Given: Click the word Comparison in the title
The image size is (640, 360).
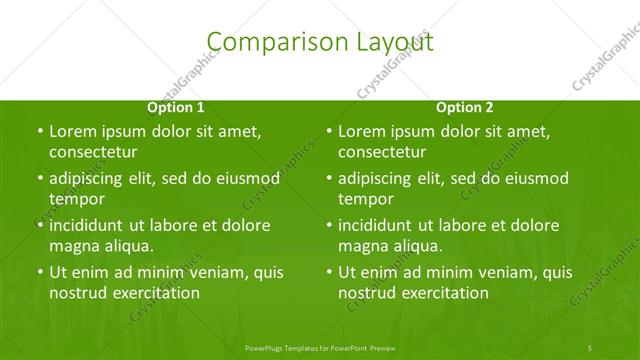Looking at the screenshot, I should [x=264, y=41].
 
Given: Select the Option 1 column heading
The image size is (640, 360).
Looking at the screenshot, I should [x=176, y=107].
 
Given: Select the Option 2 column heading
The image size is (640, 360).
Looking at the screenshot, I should [x=465, y=107].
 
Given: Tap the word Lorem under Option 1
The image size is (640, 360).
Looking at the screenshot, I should [x=71, y=131].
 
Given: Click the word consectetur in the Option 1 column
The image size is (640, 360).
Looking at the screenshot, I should [x=93, y=152].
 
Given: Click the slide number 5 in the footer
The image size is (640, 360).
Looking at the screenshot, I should [x=590, y=346].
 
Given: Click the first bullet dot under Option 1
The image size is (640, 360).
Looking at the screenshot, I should [x=40, y=132].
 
